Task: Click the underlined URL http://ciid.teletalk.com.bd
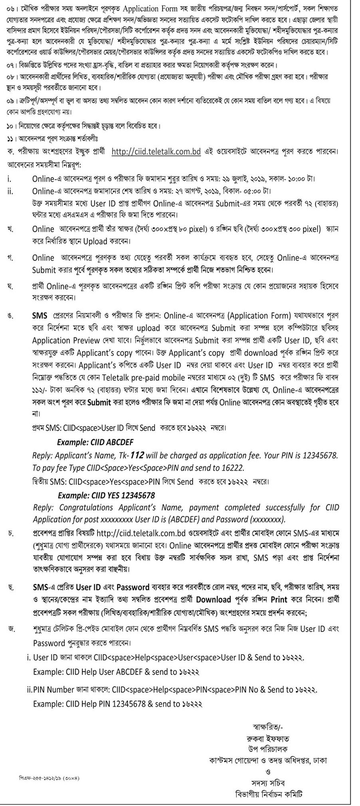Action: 156,152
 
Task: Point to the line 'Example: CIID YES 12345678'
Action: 106,495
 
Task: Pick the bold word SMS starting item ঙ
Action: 40,315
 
